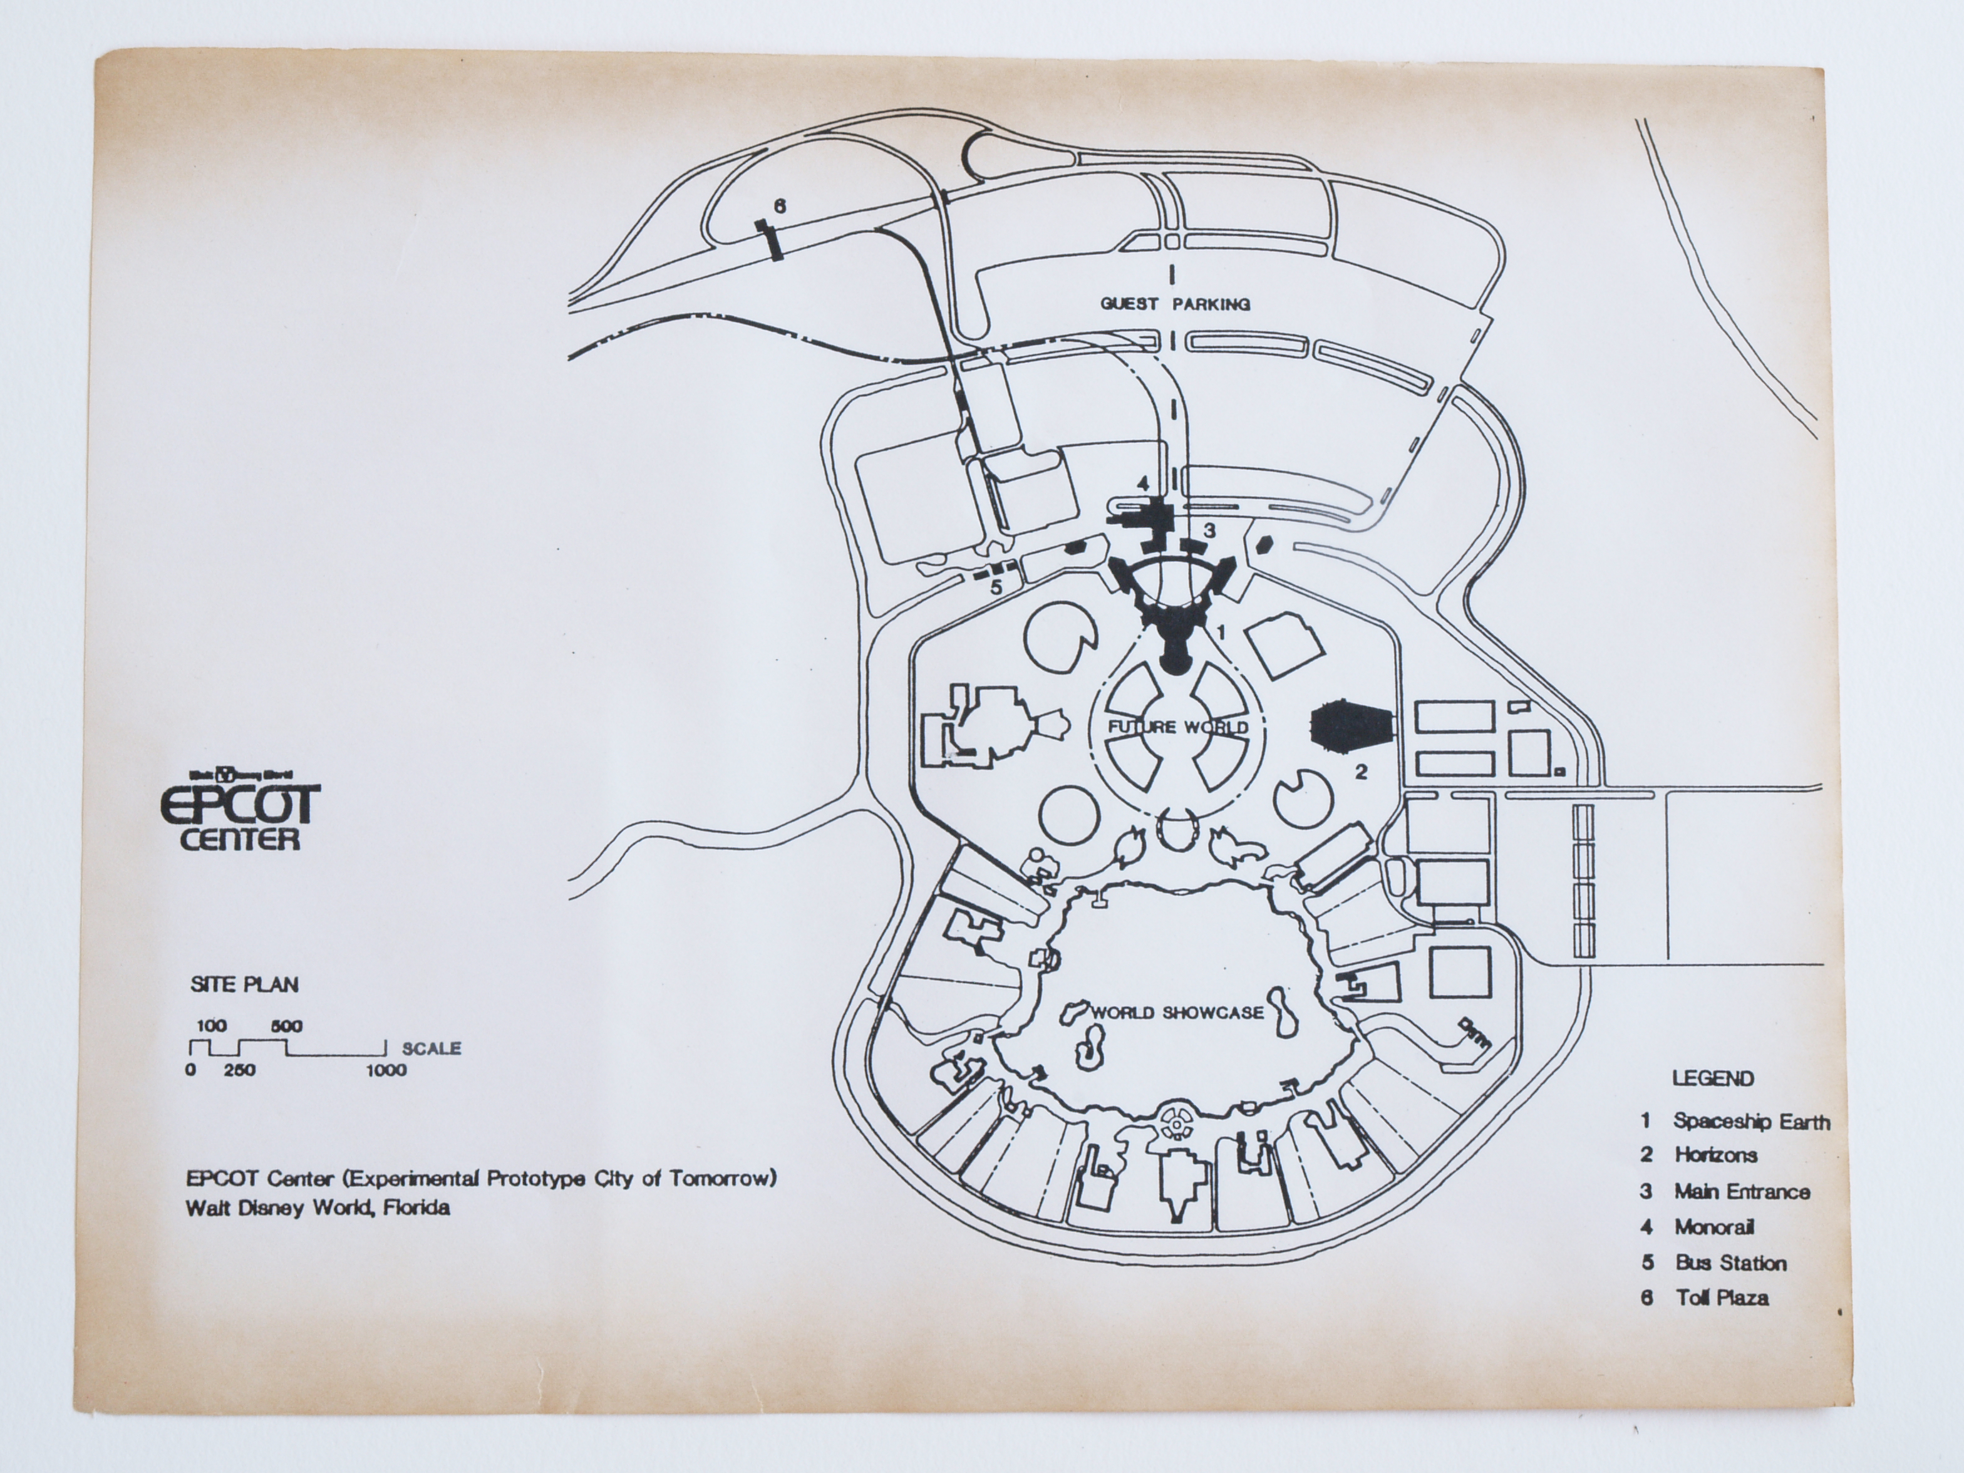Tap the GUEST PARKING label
pyautogui.click(x=1176, y=304)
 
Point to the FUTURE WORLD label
pyautogui.click(x=1178, y=727)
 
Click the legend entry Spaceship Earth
pyautogui.click(x=1751, y=1122)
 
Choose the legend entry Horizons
pyautogui.click(x=1715, y=1155)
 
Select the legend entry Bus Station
pyautogui.click(x=1730, y=1263)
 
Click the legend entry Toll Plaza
pyautogui.click(x=1722, y=1298)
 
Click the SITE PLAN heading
pyautogui.click(x=244, y=985)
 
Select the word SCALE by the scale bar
pyautogui.click(x=432, y=1048)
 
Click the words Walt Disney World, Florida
pyautogui.click(x=317, y=1209)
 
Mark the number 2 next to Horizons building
pyautogui.click(x=1361, y=772)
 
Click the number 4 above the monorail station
pyautogui.click(x=1144, y=484)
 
